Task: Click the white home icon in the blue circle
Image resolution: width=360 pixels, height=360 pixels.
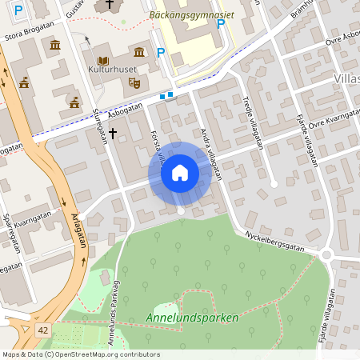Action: point(180,173)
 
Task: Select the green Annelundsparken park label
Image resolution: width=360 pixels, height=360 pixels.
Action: point(192,318)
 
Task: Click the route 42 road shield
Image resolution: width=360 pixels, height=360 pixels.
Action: point(42,330)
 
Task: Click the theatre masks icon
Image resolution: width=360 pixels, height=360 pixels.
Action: point(134,82)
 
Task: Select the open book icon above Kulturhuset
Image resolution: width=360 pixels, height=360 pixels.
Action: point(102,61)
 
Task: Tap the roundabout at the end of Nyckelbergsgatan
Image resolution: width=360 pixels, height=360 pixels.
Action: point(326,255)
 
